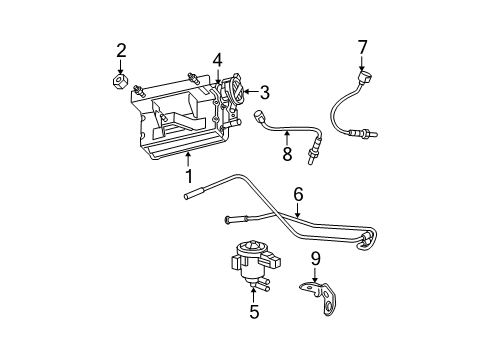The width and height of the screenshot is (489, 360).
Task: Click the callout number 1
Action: point(187,176)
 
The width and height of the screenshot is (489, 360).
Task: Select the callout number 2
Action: point(121,50)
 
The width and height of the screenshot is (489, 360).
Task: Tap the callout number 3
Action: point(264,93)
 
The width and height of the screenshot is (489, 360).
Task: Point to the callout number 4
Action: point(217,59)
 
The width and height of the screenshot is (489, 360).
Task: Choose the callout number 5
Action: point(253,312)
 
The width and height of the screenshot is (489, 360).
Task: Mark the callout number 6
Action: point(297,194)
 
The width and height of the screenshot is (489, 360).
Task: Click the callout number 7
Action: point(363,45)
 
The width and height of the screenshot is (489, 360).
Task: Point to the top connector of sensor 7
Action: point(364,77)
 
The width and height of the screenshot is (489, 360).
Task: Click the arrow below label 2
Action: point(121,67)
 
